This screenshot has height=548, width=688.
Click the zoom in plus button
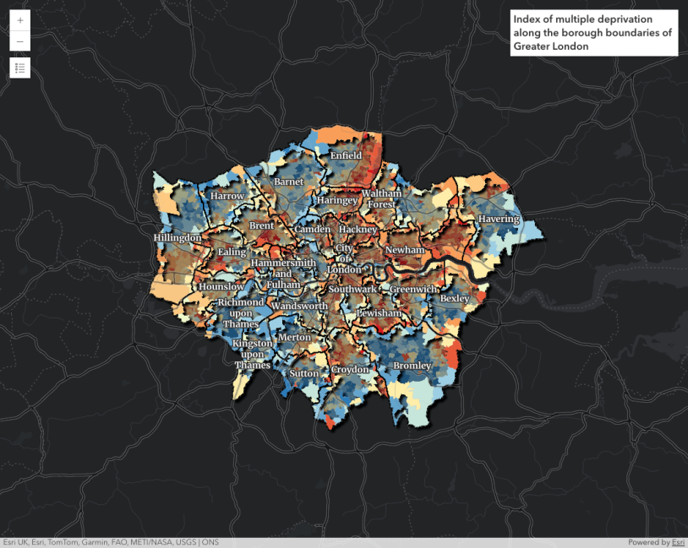pyautogui.click(x=20, y=20)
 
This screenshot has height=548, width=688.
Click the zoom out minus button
pyautogui.click(x=20, y=41)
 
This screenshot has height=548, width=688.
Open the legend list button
pyautogui.click(x=20, y=68)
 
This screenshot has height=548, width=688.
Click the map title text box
pyautogui.click(x=593, y=33)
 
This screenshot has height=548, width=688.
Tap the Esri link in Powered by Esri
pyautogui.click(x=677, y=542)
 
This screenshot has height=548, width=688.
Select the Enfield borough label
pyautogui.click(x=347, y=156)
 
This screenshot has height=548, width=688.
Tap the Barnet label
pyautogui.click(x=288, y=182)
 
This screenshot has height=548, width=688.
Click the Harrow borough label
pyautogui.click(x=227, y=196)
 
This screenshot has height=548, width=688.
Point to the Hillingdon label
pyautogui.click(x=178, y=238)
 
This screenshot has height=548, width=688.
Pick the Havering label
pyautogui.click(x=499, y=220)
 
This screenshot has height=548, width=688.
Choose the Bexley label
pyautogui.click(x=455, y=299)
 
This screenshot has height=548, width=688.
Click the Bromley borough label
pyautogui.click(x=412, y=366)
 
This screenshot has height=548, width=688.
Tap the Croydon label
pyautogui.click(x=350, y=370)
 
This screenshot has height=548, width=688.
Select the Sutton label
pyautogui.click(x=304, y=373)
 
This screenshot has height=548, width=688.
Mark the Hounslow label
pyautogui.click(x=222, y=287)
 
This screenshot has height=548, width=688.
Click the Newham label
pyautogui.click(x=404, y=251)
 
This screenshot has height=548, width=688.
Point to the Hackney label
pyautogui.click(x=357, y=230)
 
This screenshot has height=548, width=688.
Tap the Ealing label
pyautogui.click(x=232, y=252)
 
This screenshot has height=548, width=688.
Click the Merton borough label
pyautogui.click(x=294, y=337)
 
